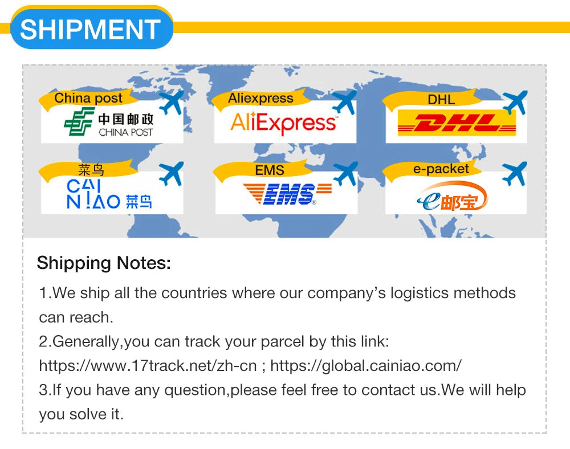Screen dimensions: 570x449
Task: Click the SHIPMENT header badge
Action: coord(92,28)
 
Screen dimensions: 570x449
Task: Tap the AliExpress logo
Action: coord(283,123)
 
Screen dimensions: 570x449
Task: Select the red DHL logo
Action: coord(457,123)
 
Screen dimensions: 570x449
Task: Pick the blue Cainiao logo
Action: coord(109,194)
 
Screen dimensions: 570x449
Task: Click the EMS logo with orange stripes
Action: coord(287,194)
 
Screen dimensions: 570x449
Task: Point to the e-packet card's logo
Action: coord(453,196)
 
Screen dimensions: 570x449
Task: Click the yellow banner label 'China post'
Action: coord(88,98)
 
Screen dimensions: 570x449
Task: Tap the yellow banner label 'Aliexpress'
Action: coord(260,98)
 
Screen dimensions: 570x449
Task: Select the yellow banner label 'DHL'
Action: coord(441,100)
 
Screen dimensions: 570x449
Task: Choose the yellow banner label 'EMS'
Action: coord(270,170)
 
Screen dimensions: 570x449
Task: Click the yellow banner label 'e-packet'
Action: coord(441,169)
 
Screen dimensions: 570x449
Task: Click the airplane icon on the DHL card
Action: coord(515,103)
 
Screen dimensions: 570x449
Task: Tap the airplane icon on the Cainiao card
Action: coord(171,174)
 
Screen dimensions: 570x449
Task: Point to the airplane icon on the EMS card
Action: coord(345,174)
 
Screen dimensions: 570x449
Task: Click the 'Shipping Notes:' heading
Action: coord(104,263)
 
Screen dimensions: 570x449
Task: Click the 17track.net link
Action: coord(148,365)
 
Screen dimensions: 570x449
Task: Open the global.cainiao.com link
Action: coord(366,365)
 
